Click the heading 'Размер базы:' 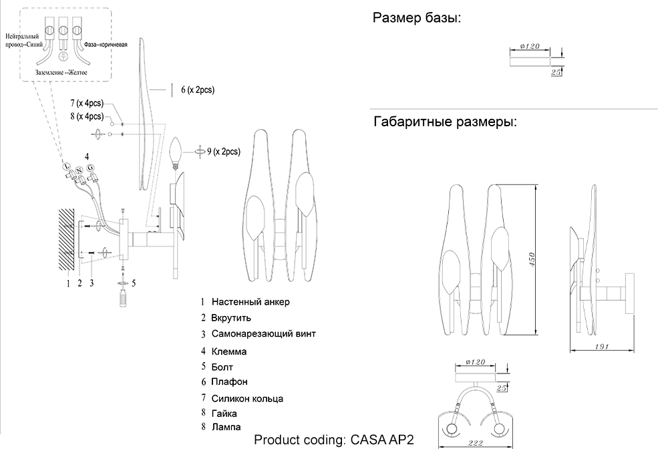tap(416, 18)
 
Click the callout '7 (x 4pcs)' tap(86, 104)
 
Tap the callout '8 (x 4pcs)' tap(86, 116)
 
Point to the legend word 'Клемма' tap(229, 351)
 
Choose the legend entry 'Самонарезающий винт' tap(263, 333)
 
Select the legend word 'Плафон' tap(229, 381)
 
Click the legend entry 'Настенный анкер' tap(251, 302)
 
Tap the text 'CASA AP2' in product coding tap(383, 440)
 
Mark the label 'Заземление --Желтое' tap(62, 71)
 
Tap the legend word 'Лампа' tap(226, 426)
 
